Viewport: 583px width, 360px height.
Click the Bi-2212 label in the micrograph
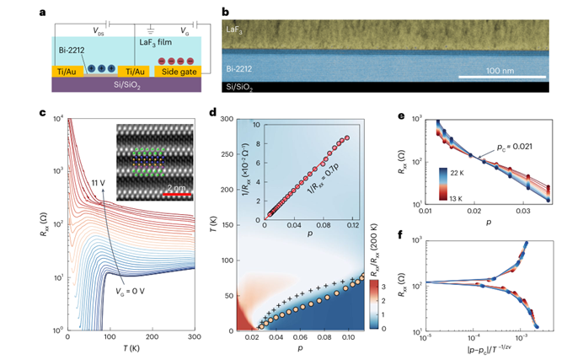click(246, 65)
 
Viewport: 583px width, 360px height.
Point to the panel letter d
click(220, 111)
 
